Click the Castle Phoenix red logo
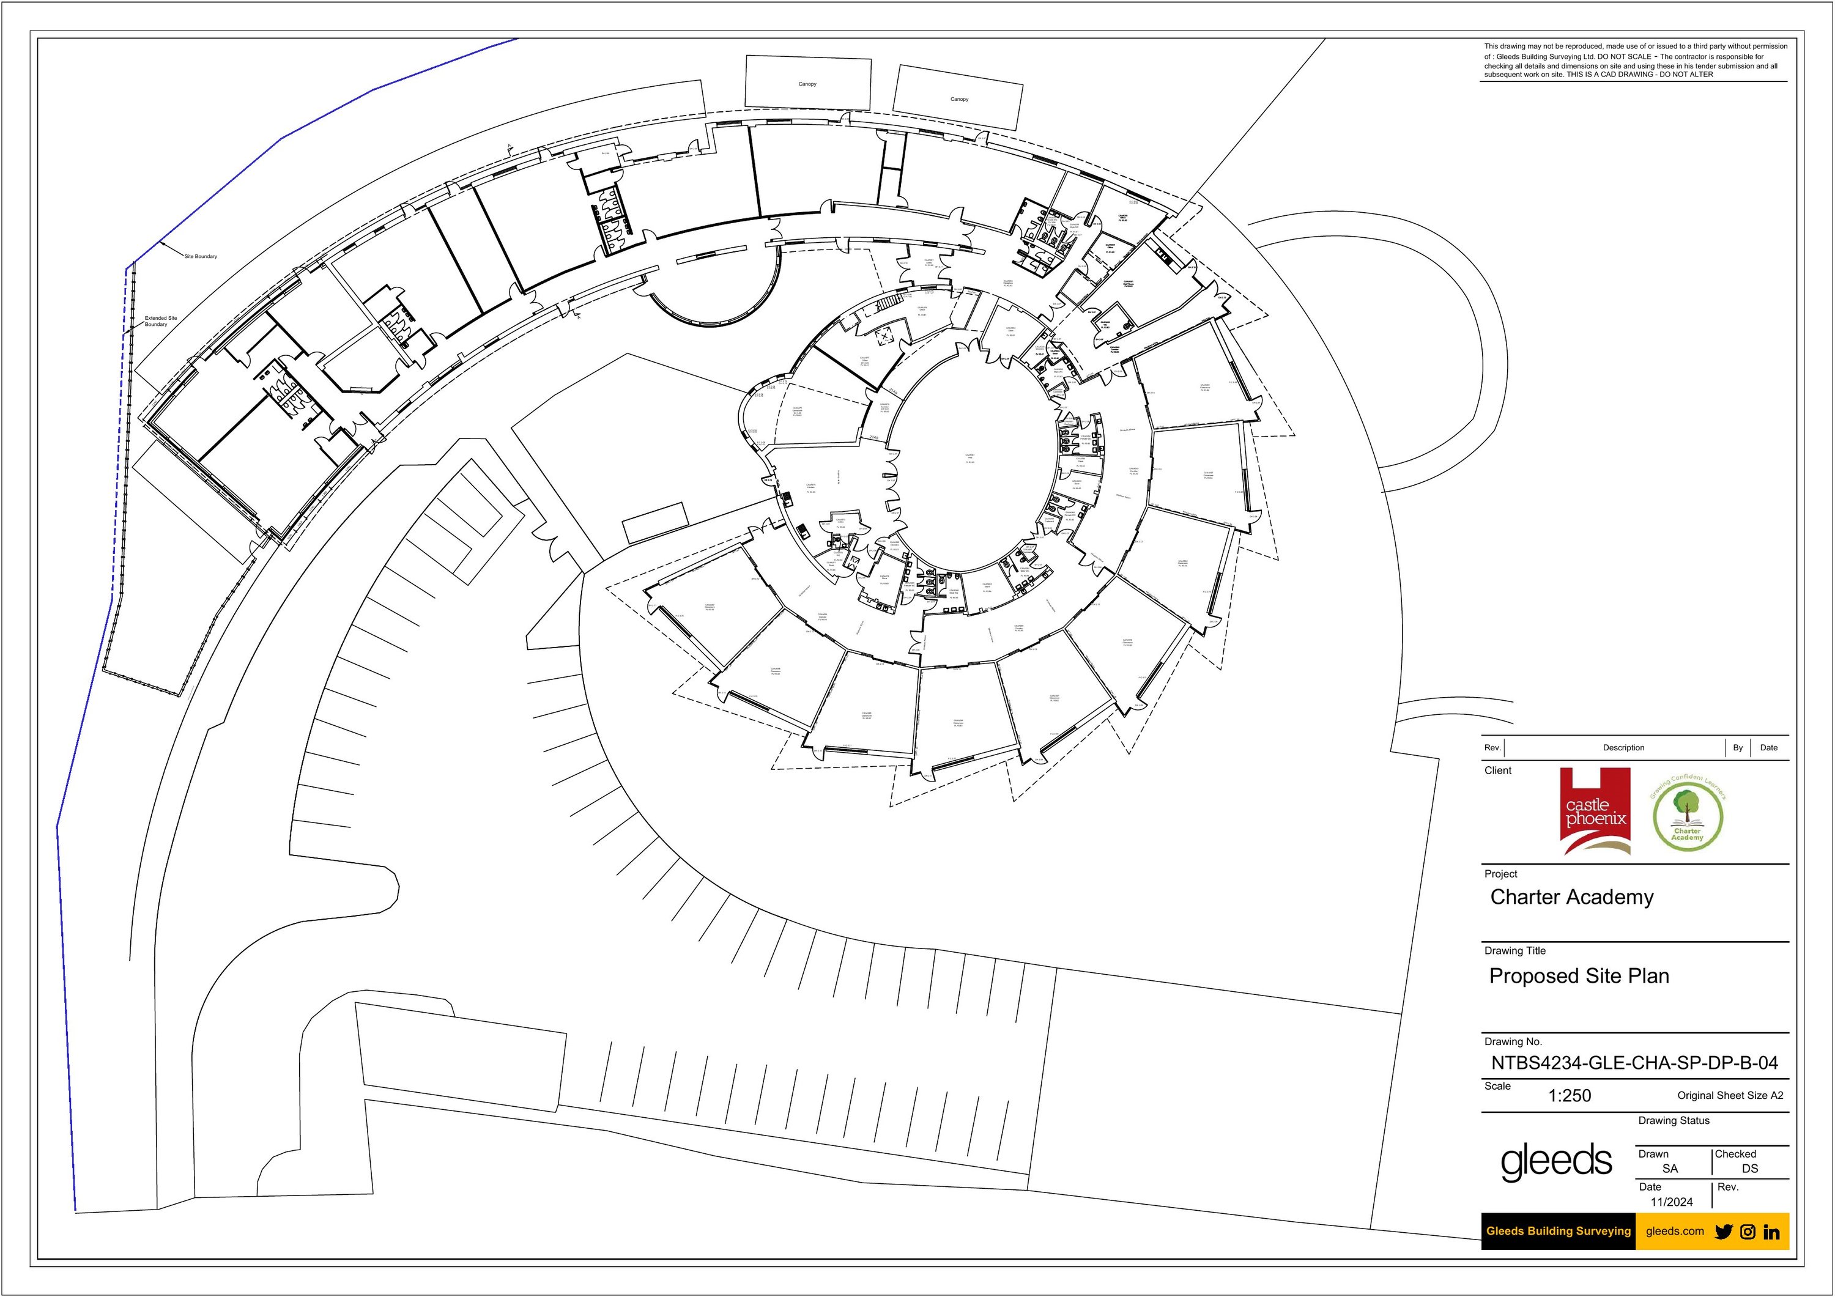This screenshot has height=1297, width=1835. tap(1595, 811)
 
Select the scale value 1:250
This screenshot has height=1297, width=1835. tap(1569, 1096)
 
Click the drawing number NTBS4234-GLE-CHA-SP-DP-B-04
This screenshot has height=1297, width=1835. tap(1634, 1063)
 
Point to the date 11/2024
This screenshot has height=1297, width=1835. tap(1671, 1202)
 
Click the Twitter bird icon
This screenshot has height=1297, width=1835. tap(1724, 1232)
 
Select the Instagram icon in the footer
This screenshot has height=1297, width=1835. tap(1748, 1232)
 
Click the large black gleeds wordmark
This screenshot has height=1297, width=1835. tap(1555, 1161)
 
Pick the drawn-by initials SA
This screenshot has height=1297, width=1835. tap(1670, 1169)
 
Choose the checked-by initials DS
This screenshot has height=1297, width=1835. tap(1749, 1169)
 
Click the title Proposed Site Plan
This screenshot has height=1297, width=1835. tap(1579, 976)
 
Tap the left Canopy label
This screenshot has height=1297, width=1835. tap(807, 84)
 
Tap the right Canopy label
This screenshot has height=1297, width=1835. tap(959, 99)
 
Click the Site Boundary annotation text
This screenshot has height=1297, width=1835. tap(201, 256)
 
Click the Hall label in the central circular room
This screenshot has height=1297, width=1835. tap(969, 457)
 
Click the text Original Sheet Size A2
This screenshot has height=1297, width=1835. tap(1730, 1096)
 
